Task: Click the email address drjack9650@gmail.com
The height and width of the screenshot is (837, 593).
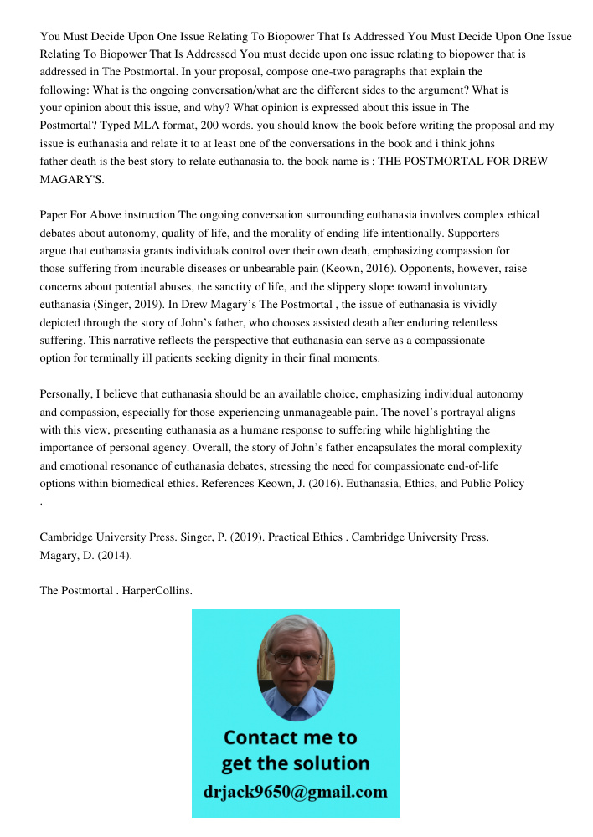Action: point(295,792)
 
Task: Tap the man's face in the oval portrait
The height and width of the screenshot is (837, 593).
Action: point(294,661)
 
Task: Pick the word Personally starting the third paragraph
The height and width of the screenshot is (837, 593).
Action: point(69,394)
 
